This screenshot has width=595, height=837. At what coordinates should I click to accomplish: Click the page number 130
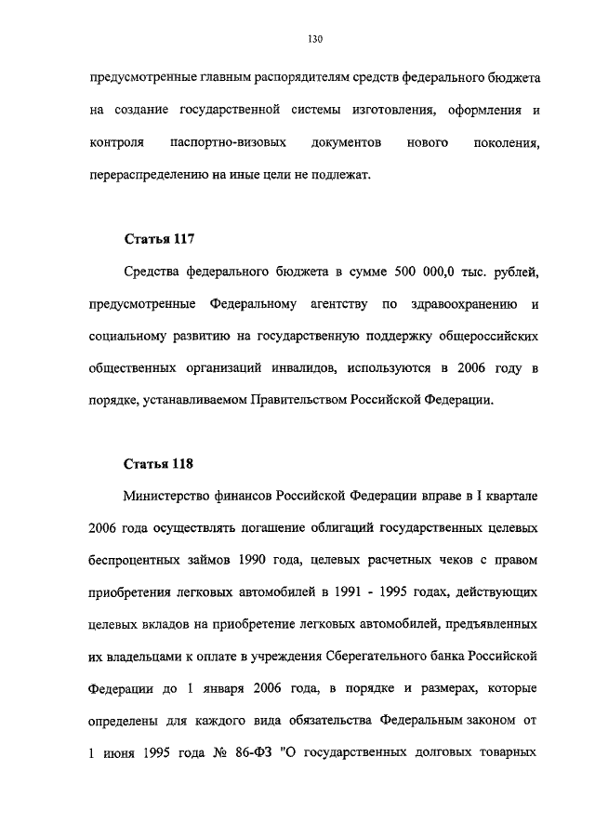[x=314, y=38]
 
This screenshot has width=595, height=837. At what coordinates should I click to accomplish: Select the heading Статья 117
[x=159, y=239]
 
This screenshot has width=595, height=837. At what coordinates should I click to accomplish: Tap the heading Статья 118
[x=159, y=462]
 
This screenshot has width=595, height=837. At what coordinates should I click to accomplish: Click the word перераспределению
[x=145, y=174]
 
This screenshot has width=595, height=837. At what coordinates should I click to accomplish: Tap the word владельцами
[x=152, y=656]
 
